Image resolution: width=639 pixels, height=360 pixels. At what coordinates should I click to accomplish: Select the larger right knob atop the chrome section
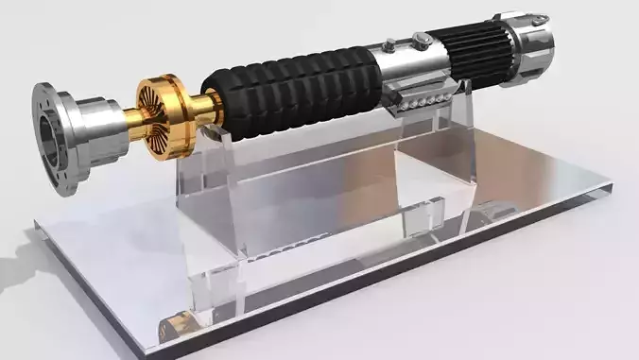416,39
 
